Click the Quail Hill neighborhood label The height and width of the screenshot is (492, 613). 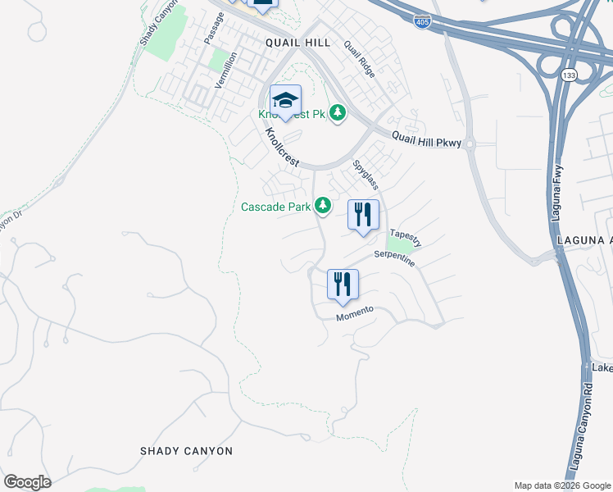[297, 42]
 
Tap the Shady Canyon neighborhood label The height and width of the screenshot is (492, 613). [186, 451]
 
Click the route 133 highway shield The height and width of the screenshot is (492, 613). [567, 75]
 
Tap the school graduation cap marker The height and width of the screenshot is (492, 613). [285, 101]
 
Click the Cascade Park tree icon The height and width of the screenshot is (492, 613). [324, 204]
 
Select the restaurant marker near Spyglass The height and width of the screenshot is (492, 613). [363, 216]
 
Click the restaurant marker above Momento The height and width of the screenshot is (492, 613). [343, 285]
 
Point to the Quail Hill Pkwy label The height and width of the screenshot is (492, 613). [427, 140]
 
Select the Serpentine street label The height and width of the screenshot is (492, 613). [395, 259]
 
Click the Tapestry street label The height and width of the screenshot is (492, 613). [406, 238]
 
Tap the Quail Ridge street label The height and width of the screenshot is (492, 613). [360, 60]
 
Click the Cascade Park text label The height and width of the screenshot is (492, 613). [275, 207]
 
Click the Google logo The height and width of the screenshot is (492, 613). [27, 482]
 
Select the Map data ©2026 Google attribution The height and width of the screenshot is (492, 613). [562, 485]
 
